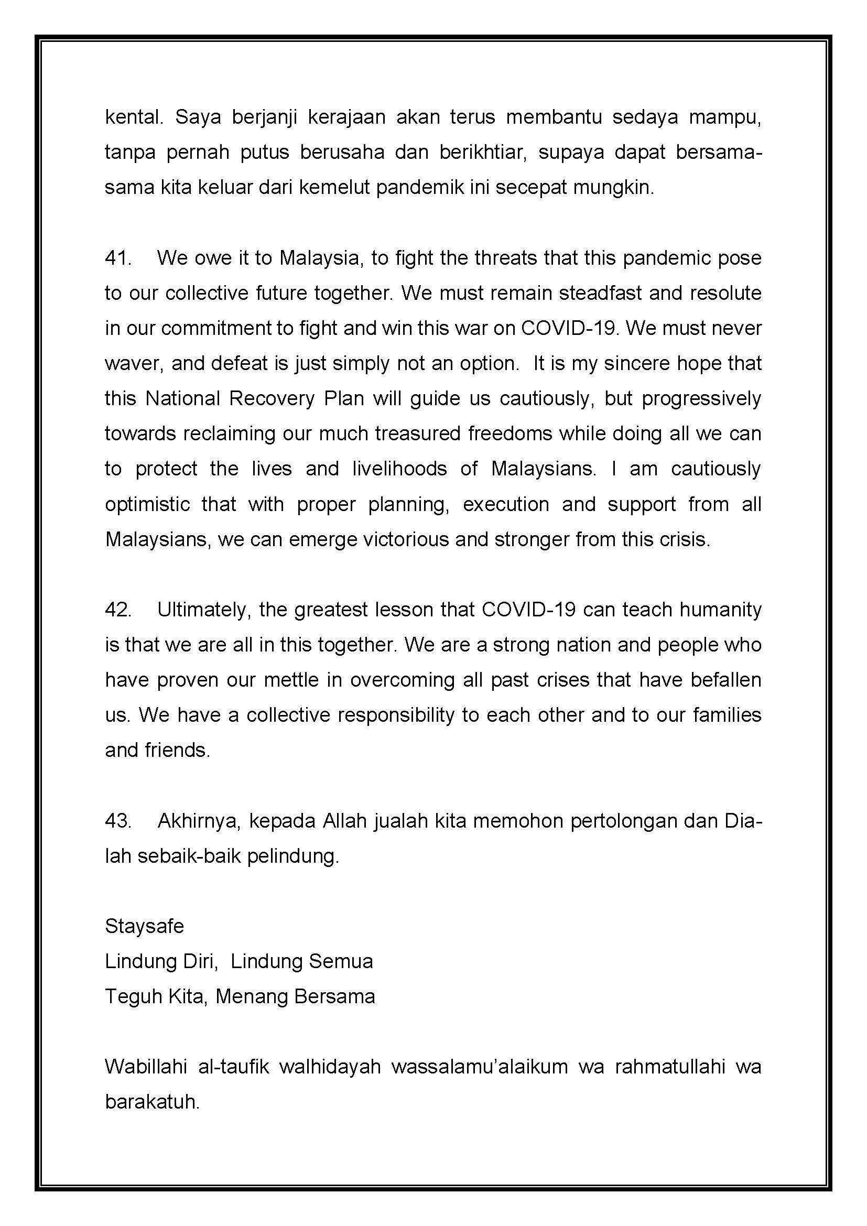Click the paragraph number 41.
117,258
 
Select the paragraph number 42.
117,610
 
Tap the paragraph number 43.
117,821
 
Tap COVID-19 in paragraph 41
569,329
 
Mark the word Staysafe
144,926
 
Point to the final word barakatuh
152,1102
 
